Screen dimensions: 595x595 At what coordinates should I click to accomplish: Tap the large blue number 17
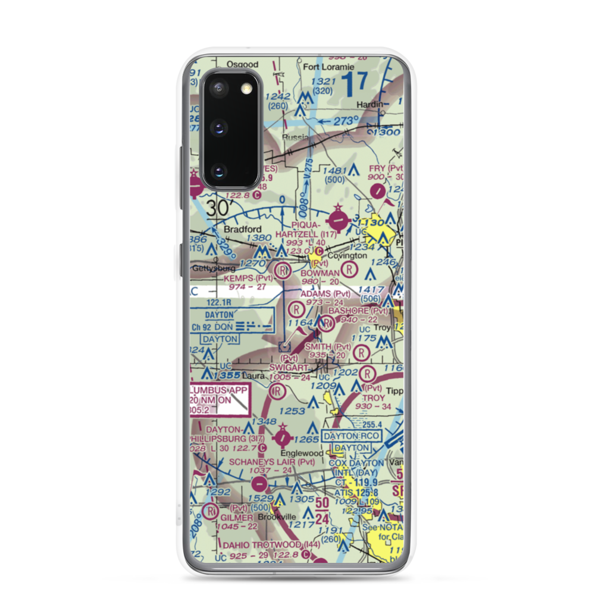click(x=355, y=83)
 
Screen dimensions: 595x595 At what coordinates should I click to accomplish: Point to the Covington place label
click(x=349, y=255)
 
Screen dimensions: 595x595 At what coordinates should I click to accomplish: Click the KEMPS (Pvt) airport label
click(x=248, y=278)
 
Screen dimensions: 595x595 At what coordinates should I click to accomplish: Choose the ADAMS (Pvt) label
click(x=325, y=294)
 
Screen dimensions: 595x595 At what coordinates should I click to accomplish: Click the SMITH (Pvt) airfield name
click(x=327, y=347)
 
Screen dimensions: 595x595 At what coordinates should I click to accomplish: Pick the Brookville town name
click(x=277, y=517)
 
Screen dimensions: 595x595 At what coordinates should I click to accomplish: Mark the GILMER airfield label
click(x=237, y=518)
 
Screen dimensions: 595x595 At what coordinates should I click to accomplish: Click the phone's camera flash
click(x=246, y=89)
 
